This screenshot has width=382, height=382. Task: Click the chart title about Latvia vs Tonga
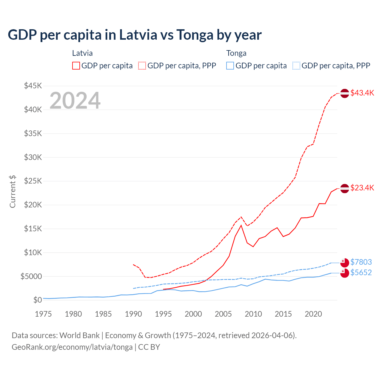coord(135,35)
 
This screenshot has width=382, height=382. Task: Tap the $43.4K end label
coord(362,93)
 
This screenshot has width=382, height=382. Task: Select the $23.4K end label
coord(362,188)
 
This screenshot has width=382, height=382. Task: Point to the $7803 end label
coord(361,262)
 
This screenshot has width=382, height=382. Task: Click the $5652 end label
coord(361,272)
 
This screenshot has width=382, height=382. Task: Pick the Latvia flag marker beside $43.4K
coord(345,93)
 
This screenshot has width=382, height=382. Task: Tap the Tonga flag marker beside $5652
coord(345,273)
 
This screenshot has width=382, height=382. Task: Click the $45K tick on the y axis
coord(33,86)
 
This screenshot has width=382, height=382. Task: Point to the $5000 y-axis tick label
coord(31,276)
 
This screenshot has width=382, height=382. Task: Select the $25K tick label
coord(33,181)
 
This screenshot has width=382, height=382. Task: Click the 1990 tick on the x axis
coord(133,314)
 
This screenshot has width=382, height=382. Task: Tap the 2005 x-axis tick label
coord(223,314)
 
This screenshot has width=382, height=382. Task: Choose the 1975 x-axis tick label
coord(43,314)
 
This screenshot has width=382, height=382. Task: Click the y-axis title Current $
coord(13,192)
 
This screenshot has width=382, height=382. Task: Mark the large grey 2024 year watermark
coord(75,101)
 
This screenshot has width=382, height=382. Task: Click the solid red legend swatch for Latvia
coord(76,66)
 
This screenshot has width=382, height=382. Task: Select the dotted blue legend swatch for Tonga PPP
coord(296,66)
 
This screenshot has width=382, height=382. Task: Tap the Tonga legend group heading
coord(236,53)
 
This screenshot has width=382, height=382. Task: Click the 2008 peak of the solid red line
coord(241,225)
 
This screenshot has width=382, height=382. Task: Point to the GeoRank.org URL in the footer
coord(72,347)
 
